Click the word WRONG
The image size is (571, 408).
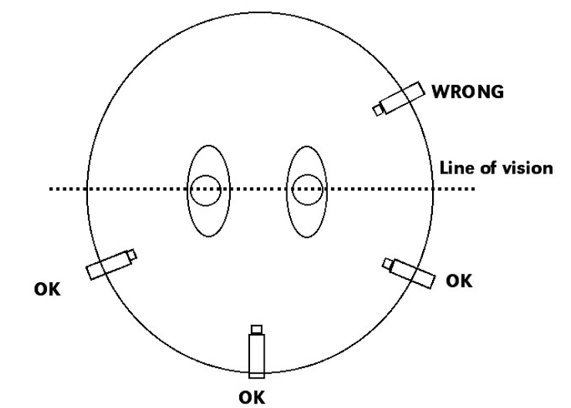pyautogui.click(x=468, y=92)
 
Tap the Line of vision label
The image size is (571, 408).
pyautogui.click(x=495, y=168)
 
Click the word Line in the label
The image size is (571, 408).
pyautogui.click(x=453, y=168)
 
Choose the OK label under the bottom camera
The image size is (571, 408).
pyautogui.click(x=256, y=396)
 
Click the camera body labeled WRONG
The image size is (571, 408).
pyautogui.click(x=403, y=98)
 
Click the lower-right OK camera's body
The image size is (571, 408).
pyautogui.click(x=411, y=272)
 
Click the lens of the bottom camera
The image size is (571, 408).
pyautogui.click(x=256, y=329)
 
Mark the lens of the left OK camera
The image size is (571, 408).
pyautogui.click(x=133, y=255)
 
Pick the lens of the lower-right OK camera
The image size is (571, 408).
pyautogui.click(x=388, y=265)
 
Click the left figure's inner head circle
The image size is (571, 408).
pyautogui.click(x=207, y=190)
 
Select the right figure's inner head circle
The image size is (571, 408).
pyautogui.click(x=306, y=190)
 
